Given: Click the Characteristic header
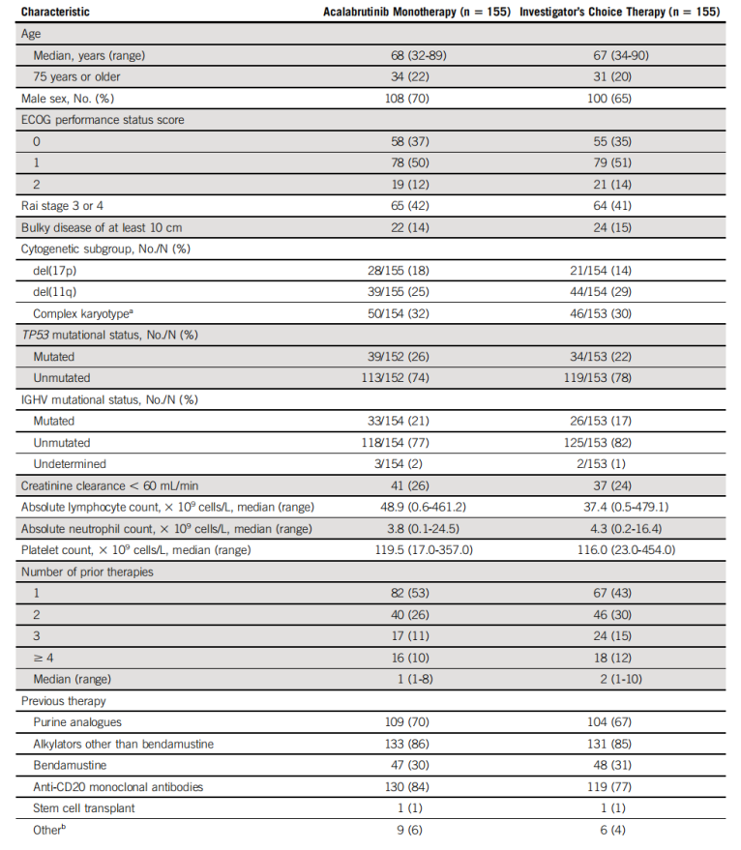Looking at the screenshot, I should [x=57, y=13].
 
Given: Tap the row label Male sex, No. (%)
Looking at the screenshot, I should [x=73, y=99].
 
